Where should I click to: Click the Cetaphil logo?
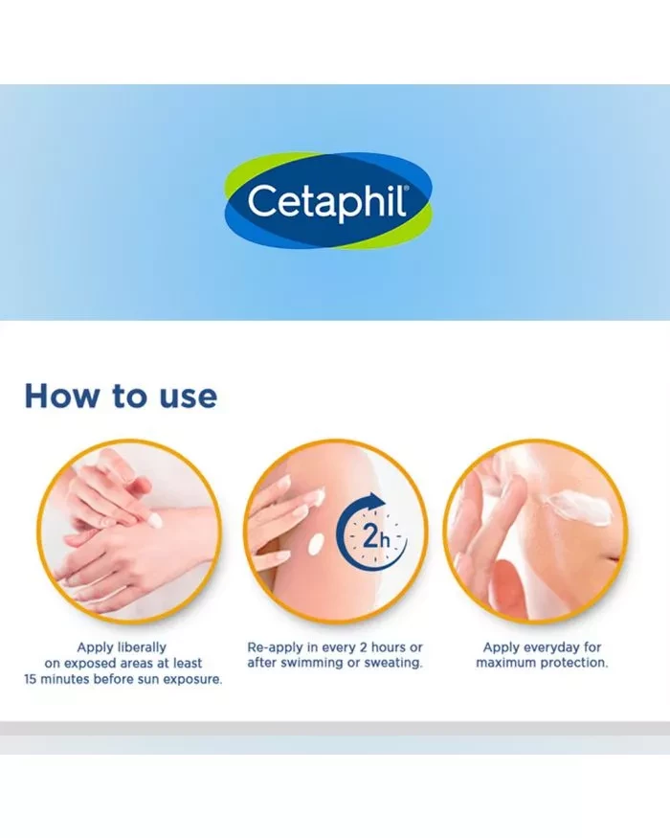327,200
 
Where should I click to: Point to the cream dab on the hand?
155,519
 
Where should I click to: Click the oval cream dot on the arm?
316,544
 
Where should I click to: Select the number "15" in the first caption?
31,679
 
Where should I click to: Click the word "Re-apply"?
275,647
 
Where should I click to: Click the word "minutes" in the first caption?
64,679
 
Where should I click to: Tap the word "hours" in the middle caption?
389,647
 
